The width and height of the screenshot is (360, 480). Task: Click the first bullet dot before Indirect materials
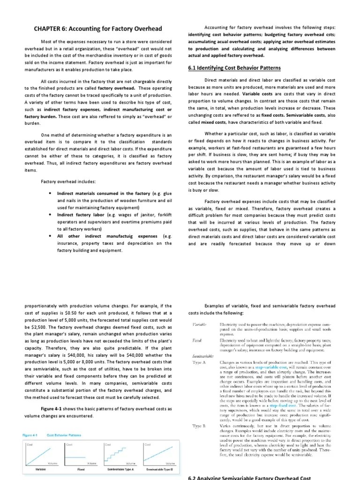click(50, 193)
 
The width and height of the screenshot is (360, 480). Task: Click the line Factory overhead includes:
click(68, 182)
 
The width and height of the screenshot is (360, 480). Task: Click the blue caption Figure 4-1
click(31, 435)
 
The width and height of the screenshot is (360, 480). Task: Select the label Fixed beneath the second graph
click(80, 469)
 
